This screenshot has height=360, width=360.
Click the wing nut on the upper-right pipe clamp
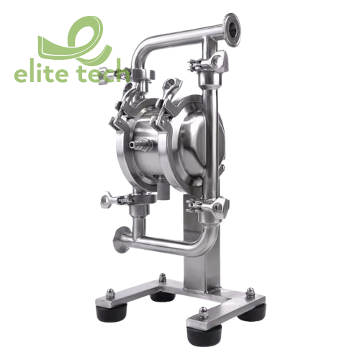[194, 66]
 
